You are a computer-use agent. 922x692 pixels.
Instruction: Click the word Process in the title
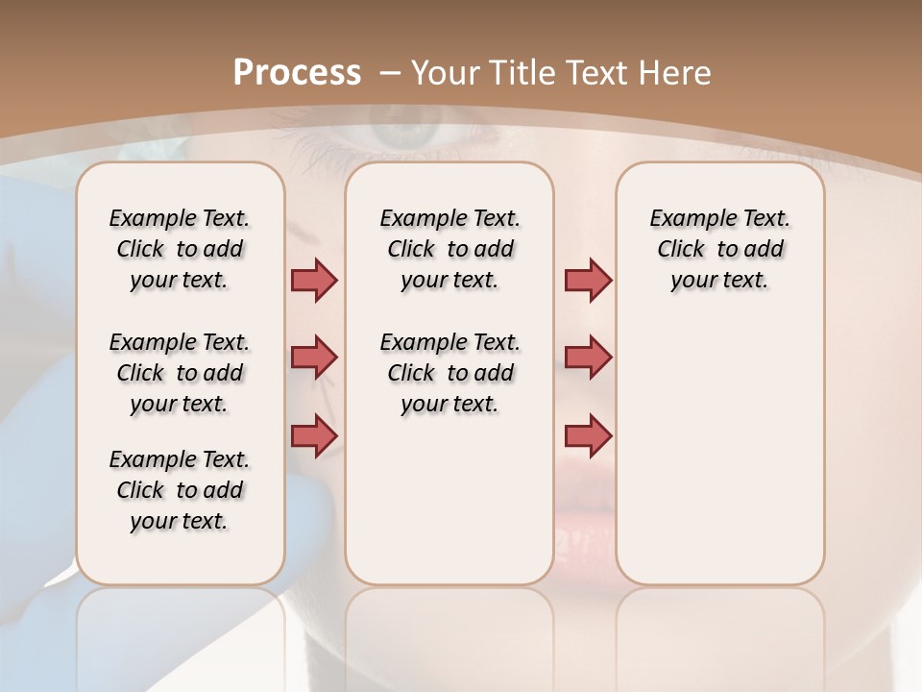click(x=297, y=73)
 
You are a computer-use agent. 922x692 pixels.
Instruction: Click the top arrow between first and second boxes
click(x=314, y=281)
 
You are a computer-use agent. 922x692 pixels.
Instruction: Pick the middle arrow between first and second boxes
click(x=314, y=358)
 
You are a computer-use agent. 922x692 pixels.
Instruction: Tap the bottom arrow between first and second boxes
click(x=314, y=434)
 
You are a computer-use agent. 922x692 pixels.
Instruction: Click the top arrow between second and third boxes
click(x=588, y=281)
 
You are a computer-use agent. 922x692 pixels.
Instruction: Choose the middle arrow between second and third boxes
click(x=588, y=358)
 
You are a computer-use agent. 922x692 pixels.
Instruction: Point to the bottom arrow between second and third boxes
click(x=588, y=435)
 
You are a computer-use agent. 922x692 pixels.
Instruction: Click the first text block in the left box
click(x=180, y=249)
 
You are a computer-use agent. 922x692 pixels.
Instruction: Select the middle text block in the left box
click(x=180, y=373)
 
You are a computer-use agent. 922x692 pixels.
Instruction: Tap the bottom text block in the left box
click(x=180, y=490)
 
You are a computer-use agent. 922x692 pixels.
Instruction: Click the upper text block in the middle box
click(x=450, y=249)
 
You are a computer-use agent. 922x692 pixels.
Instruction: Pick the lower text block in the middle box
click(x=450, y=373)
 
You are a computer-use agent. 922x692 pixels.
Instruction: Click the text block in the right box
click(x=720, y=249)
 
